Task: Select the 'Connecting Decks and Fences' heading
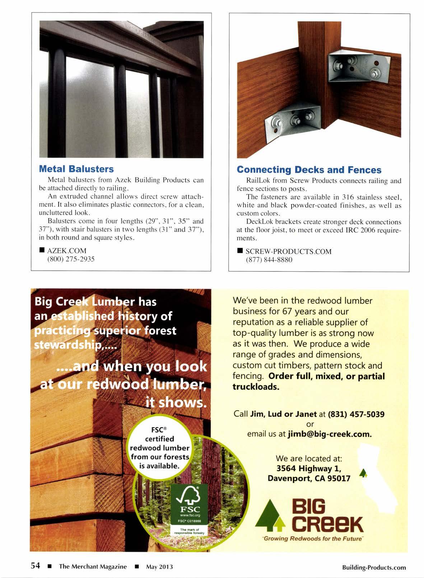click(309, 169)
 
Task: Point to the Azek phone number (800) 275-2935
click(71, 259)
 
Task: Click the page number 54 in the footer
click(35, 566)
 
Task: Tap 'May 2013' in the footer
click(159, 567)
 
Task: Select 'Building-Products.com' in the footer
click(374, 567)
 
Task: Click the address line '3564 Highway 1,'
click(308, 469)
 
